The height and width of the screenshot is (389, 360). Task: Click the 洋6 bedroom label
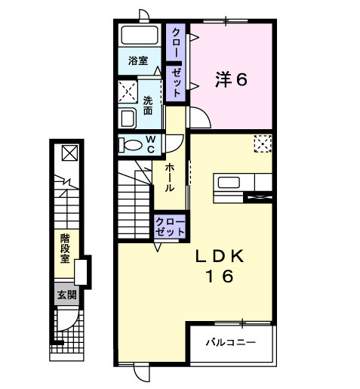coord(232,79)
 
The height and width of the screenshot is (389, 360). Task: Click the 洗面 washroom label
coord(149,104)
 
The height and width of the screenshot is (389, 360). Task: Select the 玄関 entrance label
coord(66,294)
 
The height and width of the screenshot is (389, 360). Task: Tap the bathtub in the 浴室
coord(137,36)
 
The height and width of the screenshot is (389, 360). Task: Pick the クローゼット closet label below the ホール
coord(170,227)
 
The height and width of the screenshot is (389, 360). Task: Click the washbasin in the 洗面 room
coord(128,118)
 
